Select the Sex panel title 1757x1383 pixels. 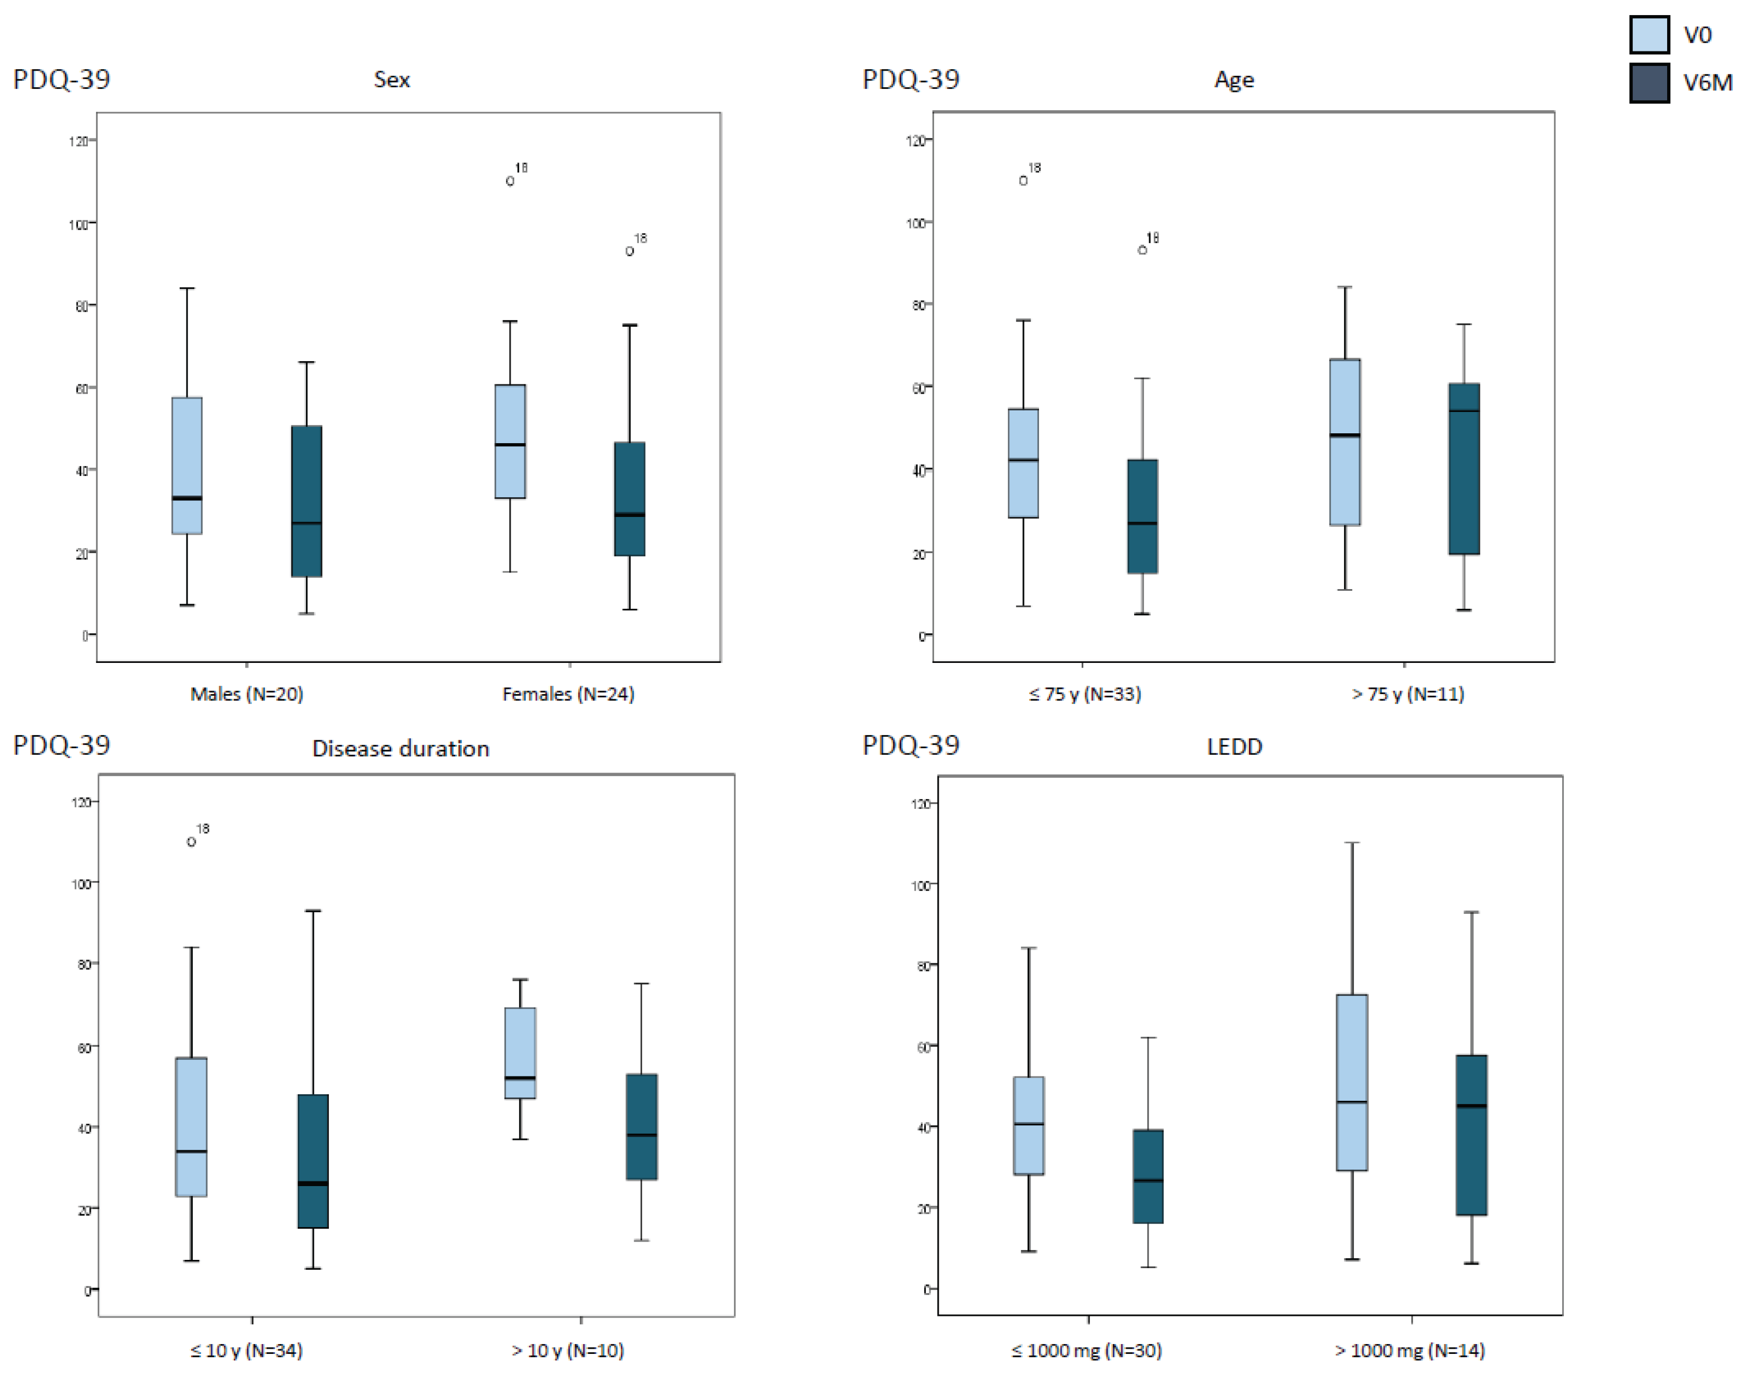(391, 79)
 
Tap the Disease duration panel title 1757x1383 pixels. (400, 748)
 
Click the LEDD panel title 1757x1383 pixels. (1233, 747)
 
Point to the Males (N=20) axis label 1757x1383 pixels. (246, 694)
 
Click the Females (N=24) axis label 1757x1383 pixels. (568, 694)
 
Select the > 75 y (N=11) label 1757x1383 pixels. (1407, 694)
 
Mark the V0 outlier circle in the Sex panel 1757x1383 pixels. (510, 181)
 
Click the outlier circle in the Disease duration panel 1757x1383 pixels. (191, 842)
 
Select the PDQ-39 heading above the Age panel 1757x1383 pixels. (910, 79)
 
